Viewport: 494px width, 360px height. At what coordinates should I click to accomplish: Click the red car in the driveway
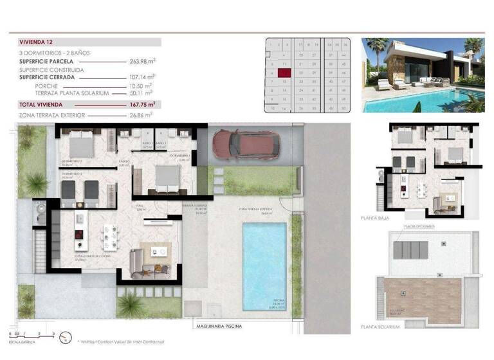point(246,143)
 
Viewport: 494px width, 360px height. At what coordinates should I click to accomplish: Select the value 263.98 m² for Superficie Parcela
point(143,62)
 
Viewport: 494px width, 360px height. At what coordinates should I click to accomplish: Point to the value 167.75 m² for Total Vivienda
point(143,104)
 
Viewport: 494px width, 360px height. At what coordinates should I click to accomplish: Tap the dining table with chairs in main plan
point(111,237)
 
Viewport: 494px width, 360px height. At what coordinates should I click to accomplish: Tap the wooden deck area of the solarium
point(423,299)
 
